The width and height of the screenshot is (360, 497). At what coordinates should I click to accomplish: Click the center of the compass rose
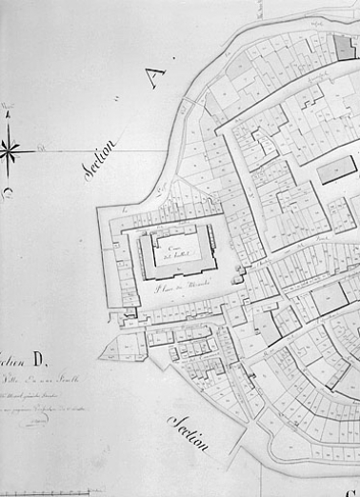click(x=9, y=149)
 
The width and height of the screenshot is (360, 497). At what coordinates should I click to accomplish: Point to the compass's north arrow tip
click(x=9, y=112)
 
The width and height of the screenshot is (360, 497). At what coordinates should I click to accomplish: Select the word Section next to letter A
click(x=99, y=155)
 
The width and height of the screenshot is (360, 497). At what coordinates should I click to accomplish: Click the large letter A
click(x=155, y=76)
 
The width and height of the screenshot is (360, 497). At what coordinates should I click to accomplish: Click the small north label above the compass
click(x=8, y=103)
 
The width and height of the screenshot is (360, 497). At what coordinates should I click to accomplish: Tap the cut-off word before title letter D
click(x=11, y=359)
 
